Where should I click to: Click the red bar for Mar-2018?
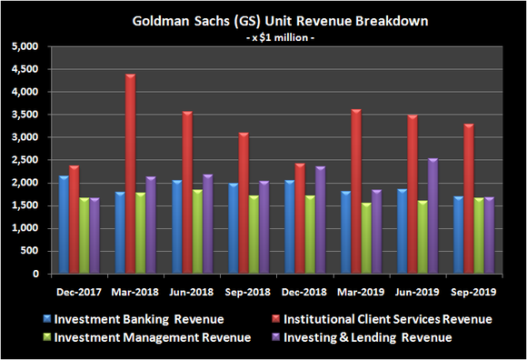tap(130, 174)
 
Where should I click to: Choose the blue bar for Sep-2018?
tap(234, 228)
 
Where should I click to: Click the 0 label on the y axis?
tap(35, 274)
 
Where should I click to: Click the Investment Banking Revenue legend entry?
tap(136, 319)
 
